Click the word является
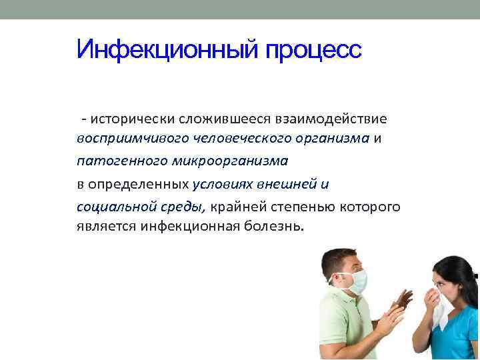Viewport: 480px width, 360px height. tap(107, 226)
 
